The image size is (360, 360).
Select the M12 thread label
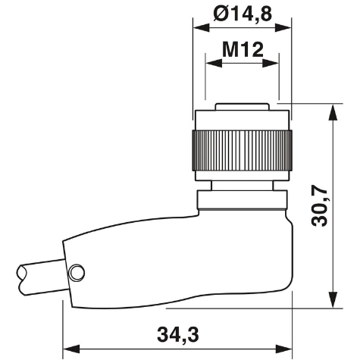242,50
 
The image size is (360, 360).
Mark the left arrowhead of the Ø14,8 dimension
199,27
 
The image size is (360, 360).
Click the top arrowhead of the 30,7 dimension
331,107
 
